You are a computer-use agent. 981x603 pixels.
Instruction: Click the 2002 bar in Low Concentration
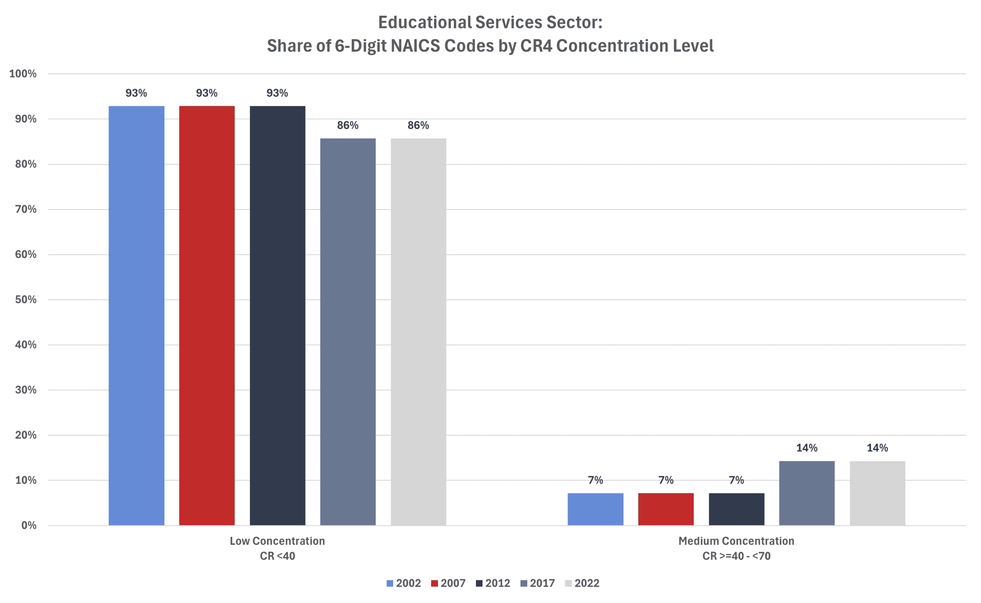pos(136,315)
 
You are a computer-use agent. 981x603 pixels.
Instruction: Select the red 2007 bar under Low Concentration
pos(207,315)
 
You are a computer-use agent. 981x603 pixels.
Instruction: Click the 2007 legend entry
pos(448,583)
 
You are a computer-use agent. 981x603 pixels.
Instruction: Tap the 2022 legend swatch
pos(568,583)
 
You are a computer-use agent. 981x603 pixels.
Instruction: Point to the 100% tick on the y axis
pos(23,74)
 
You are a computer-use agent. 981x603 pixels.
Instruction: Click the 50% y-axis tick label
pos(26,299)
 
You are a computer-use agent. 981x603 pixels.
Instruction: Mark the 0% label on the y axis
pos(29,525)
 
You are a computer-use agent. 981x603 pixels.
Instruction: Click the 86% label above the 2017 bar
pos(348,125)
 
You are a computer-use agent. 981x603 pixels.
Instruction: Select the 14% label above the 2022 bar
pos(877,448)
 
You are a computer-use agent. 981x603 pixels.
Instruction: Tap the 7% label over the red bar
pos(666,480)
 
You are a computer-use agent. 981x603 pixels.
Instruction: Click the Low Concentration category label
pos(277,541)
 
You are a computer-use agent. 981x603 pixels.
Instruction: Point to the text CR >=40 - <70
pos(736,556)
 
